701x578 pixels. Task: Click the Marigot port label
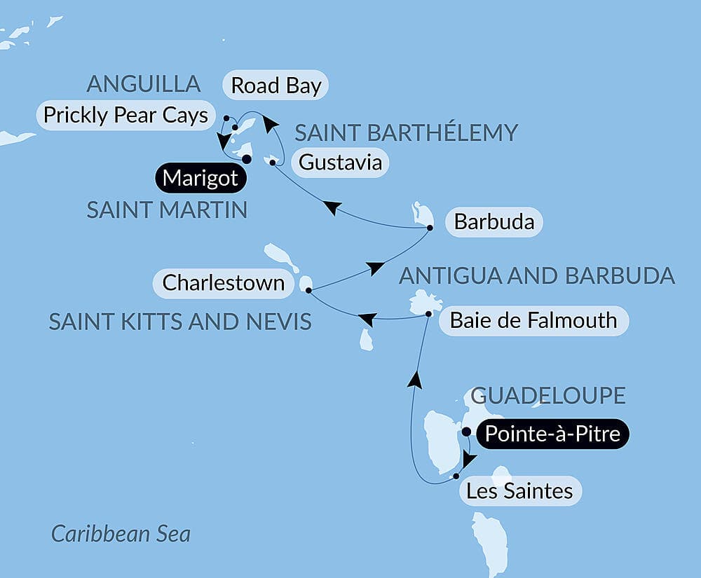tap(200, 179)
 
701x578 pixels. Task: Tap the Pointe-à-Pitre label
tap(552, 434)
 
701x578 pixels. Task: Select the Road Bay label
tap(276, 85)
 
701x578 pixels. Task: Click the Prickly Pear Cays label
tap(125, 115)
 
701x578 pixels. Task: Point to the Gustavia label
tap(340, 163)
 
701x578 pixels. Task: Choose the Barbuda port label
tap(494, 223)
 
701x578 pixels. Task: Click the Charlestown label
tap(224, 283)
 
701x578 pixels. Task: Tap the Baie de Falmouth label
tap(533, 321)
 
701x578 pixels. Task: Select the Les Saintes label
tap(519, 491)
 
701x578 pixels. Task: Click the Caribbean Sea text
tap(121, 534)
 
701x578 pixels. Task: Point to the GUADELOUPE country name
tap(547, 395)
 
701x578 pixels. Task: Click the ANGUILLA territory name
tap(143, 84)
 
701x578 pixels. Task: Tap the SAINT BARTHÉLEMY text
tap(406, 132)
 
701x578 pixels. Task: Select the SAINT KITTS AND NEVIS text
tap(180, 322)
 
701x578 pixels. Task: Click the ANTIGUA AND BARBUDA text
tap(536, 275)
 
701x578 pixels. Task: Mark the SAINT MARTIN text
tap(167, 209)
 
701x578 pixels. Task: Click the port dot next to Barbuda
tap(430, 227)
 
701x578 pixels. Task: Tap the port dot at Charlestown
tap(308, 289)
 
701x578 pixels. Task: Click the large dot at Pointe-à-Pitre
tap(466, 432)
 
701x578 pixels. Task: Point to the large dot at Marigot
tap(247, 159)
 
